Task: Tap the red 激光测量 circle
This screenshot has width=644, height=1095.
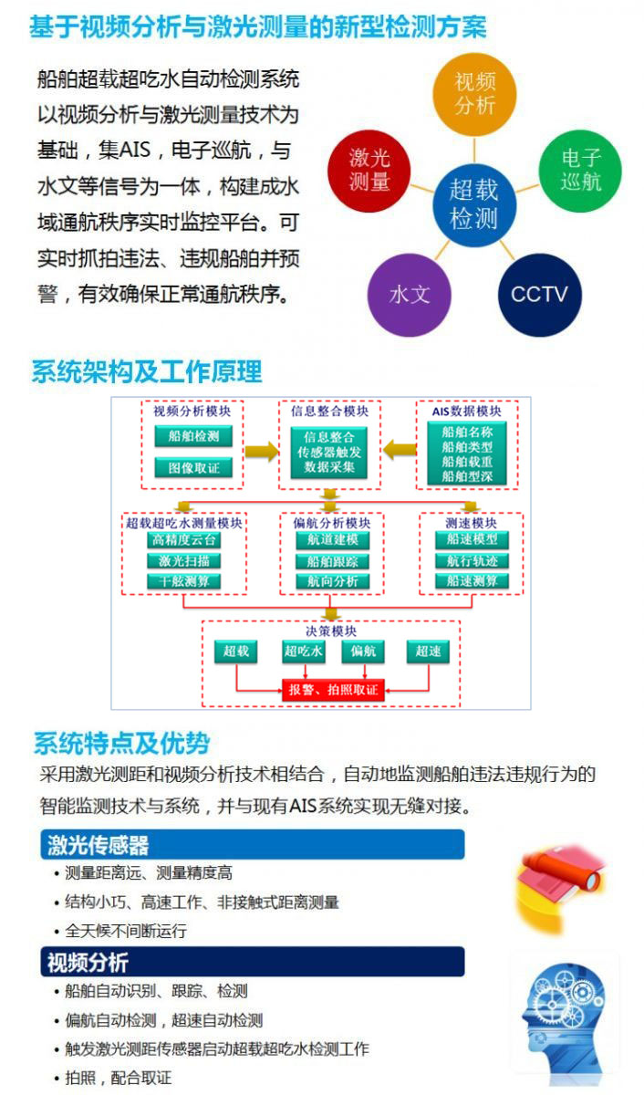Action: pos(369,169)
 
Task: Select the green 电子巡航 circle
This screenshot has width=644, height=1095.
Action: pos(580,170)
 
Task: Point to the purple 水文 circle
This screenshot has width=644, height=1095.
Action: pos(409,295)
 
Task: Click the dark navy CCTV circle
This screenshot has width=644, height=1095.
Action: pos(539,294)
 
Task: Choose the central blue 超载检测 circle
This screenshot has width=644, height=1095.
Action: pos(473,203)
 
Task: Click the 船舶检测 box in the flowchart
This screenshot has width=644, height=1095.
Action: pos(193,436)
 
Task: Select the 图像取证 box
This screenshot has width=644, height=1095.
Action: pos(193,468)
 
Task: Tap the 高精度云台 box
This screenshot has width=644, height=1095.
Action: pos(184,540)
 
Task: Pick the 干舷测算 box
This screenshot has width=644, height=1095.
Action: pos(184,581)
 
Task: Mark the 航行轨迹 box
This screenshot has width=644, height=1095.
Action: pos(472,561)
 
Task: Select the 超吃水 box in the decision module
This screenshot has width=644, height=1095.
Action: pos(304,652)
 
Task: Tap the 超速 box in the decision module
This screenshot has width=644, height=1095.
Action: pos(428,652)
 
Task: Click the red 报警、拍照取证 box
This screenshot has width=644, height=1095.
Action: pos(333,690)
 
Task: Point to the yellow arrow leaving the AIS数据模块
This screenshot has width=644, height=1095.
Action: pos(399,450)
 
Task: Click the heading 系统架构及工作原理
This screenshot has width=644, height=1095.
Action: pos(147,371)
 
